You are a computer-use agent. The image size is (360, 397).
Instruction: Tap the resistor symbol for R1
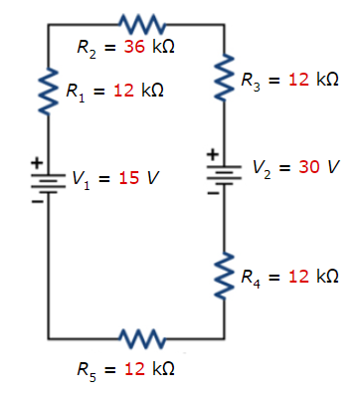point(47,92)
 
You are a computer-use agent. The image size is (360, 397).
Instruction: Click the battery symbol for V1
point(47,179)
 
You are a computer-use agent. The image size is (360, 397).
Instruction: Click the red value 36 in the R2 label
point(134,47)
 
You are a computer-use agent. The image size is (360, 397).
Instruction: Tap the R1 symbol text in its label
point(75,92)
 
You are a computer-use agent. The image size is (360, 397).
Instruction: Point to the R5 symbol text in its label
point(88,370)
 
